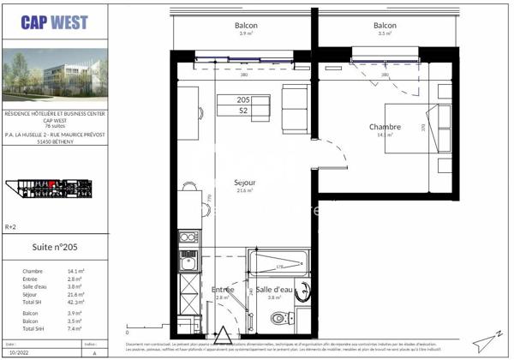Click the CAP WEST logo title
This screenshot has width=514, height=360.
[x=55, y=25]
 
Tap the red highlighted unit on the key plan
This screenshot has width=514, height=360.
[x=53, y=184]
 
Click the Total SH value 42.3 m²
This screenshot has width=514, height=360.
[x=76, y=303]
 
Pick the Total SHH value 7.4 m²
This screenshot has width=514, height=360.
[x=76, y=328]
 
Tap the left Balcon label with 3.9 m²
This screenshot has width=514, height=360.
[x=246, y=28]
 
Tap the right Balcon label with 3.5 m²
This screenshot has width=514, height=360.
[x=385, y=28]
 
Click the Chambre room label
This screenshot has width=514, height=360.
[x=385, y=129]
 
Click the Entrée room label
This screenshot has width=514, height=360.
[x=223, y=291]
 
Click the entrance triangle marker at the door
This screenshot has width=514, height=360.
[x=223, y=335]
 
